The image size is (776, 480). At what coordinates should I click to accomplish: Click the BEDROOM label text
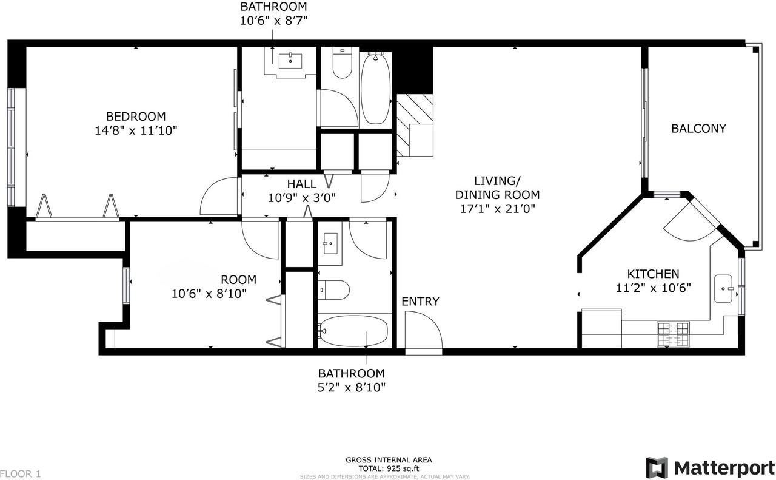[x=136, y=116]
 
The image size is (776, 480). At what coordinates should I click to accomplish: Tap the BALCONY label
[x=698, y=129]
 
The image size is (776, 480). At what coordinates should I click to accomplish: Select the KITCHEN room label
[x=653, y=274]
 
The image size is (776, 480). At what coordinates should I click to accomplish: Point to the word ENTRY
[x=420, y=302]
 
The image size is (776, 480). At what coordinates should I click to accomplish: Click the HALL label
[x=301, y=184]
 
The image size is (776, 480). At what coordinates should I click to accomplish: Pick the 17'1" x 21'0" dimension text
[x=498, y=209]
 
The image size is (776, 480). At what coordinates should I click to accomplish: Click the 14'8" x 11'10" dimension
[x=136, y=130]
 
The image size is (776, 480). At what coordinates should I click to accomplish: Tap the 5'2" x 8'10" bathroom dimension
[x=352, y=387]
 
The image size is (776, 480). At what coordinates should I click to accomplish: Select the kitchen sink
[x=723, y=289]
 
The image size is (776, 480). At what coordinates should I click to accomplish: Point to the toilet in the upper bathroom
[x=343, y=63]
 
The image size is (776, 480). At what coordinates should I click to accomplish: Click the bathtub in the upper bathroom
[x=375, y=89]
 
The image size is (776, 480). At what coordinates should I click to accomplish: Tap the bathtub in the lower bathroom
[x=353, y=331]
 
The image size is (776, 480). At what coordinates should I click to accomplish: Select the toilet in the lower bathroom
[x=333, y=290]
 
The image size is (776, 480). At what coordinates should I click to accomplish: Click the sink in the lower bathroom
[x=330, y=243]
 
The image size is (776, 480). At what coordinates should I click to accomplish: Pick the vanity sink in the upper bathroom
[x=290, y=61]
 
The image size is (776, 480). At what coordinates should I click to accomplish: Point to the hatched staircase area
[x=415, y=125]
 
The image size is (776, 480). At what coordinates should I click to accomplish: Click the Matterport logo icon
[x=657, y=467]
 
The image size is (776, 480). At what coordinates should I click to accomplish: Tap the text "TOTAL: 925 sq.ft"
[x=389, y=468]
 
